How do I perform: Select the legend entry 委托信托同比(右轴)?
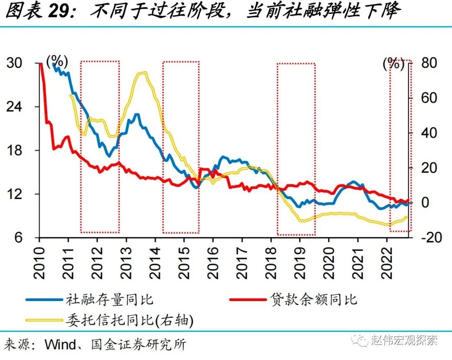tap(129, 320)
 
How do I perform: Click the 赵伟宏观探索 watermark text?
tap(404, 340)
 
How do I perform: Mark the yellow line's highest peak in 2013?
tap(144, 73)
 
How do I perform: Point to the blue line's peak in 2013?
tap(137, 114)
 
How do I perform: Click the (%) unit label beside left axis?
tap(57, 62)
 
